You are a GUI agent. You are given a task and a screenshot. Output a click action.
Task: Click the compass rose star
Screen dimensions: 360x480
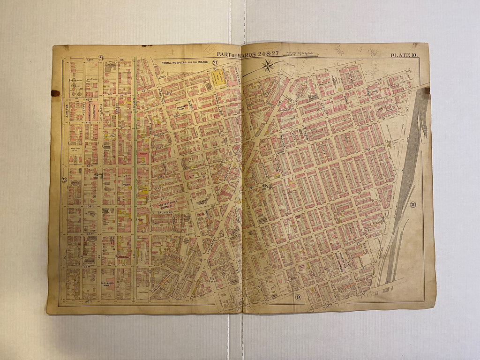point(268,66)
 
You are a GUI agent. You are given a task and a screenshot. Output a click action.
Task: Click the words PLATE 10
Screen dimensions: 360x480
point(404,56)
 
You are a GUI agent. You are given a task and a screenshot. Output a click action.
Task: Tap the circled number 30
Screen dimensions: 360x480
point(412,204)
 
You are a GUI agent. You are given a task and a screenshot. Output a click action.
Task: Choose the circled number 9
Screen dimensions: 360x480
point(298,297)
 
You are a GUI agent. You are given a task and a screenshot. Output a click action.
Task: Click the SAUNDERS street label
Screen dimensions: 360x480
point(165,212)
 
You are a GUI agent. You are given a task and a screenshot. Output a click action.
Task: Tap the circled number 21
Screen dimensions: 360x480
point(215,62)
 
